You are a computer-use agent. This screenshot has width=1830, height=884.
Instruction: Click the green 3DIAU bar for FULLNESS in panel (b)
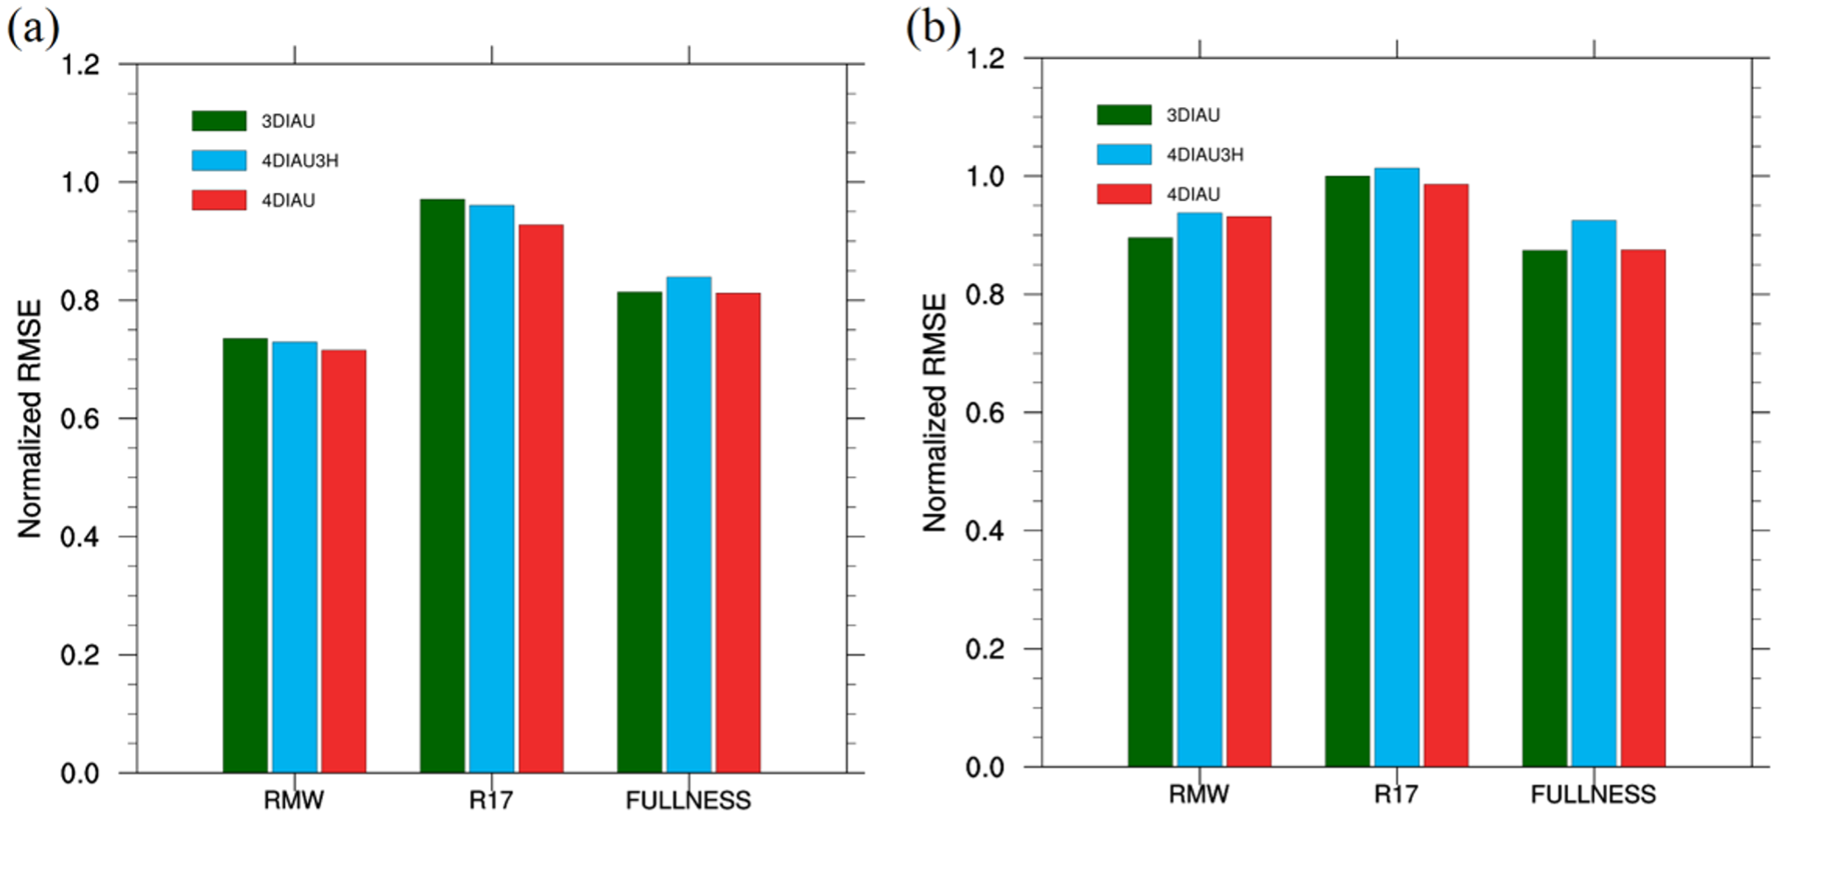(1545, 509)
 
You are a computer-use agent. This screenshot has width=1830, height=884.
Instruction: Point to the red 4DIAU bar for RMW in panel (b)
(1248, 491)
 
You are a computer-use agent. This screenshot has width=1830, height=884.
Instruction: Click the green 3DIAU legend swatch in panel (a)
(219, 121)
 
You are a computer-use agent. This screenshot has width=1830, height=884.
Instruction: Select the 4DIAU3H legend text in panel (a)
(300, 161)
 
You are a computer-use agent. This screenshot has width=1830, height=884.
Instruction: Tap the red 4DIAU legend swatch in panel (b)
(1124, 194)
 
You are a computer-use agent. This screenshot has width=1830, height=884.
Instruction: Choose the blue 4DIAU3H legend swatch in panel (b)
(1124, 154)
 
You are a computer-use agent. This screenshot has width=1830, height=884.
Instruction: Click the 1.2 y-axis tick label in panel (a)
(80, 65)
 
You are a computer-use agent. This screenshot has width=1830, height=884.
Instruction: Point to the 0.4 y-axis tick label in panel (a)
(80, 537)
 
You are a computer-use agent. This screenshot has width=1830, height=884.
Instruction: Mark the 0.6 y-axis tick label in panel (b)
(984, 413)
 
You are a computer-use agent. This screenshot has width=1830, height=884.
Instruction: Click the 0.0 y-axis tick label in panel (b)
(984, 768)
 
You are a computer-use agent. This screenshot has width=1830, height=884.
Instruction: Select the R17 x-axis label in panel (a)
(491, 800)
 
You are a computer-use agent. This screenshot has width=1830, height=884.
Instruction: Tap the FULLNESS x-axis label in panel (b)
(1593, 795)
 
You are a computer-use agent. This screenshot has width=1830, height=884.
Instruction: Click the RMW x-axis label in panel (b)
(1198, 795)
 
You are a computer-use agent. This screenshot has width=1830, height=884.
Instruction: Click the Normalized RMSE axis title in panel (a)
(30, 418)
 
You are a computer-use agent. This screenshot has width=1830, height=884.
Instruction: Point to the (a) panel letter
(33, 28)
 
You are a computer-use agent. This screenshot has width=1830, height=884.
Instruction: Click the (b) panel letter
(933, 28)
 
